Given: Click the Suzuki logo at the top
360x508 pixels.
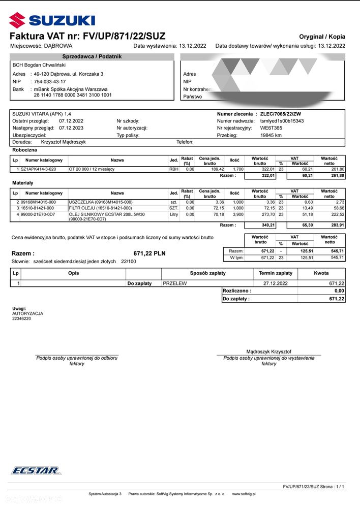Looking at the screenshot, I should click(52, 20).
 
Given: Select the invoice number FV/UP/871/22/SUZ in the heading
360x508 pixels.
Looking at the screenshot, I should click(117, 36).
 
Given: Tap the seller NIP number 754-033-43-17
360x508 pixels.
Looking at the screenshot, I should click(50, 81).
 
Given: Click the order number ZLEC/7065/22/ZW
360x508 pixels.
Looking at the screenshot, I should click(281, 114).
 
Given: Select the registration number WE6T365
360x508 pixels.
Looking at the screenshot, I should click(271, 129).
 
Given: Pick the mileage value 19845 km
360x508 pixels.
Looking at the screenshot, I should click(271, 136).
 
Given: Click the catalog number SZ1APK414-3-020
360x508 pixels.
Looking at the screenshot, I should click(39, 169).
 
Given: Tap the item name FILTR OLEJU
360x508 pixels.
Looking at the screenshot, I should click(100, 208).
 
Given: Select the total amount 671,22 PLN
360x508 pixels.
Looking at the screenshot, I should click(149, 253).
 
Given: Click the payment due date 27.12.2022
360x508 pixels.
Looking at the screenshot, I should click(276, 283).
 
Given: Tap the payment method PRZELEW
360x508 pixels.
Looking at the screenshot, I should click(175, 283).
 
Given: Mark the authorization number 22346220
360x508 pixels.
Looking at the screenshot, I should click(21, 319).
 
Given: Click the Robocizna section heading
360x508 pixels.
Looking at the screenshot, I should click(24, 150).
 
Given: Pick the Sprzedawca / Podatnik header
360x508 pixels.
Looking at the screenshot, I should click(92, 56).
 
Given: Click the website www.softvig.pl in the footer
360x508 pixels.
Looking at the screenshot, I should click(244, 493).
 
